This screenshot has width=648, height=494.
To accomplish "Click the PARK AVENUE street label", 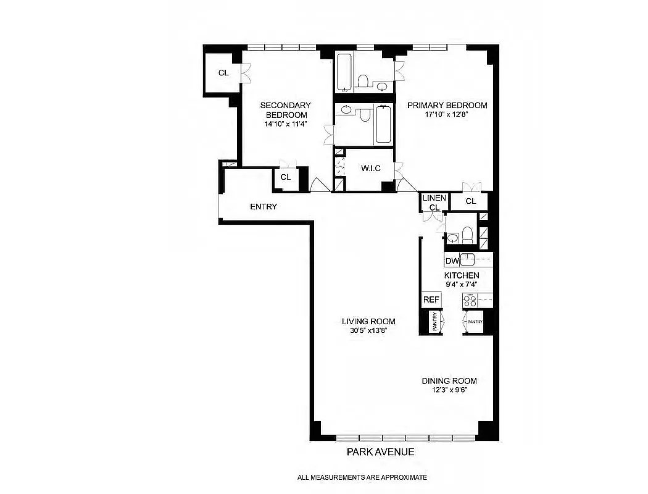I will (x=380, y=452).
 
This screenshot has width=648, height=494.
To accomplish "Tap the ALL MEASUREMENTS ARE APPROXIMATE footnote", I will (x=362, y=477).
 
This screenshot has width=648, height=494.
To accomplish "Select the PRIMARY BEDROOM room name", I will (x=447, y=105).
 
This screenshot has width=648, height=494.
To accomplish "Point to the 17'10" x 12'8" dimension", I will (x=447, y=114).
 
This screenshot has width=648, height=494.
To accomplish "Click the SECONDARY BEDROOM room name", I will (x=285, y=110).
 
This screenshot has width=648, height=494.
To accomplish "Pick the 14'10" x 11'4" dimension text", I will (x=285, y=124).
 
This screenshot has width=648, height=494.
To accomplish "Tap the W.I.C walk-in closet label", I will (x=370, y=169).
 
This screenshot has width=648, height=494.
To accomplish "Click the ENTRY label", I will (x=264, y=207).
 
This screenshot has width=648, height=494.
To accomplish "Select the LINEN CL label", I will (x=434, y=203).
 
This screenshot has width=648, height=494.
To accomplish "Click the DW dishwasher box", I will (x=452, y=261).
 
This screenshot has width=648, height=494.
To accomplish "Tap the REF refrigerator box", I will (x=431, y=299).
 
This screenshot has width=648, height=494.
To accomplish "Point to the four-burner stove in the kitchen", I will (x=470, y=301).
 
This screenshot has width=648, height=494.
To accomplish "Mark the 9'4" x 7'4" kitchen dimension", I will (x=462, y=285).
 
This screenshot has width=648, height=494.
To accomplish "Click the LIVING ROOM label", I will (x=368, y=321).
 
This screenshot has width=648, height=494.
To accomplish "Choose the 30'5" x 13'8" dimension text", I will (x=368, y=330).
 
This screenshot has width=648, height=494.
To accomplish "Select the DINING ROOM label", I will (x=449, y=381).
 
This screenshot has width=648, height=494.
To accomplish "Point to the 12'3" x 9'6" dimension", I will (x=449, y=390).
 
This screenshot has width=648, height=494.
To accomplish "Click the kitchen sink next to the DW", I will (x=469, y=259).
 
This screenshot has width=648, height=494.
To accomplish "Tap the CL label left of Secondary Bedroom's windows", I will (x=223, y=73).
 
